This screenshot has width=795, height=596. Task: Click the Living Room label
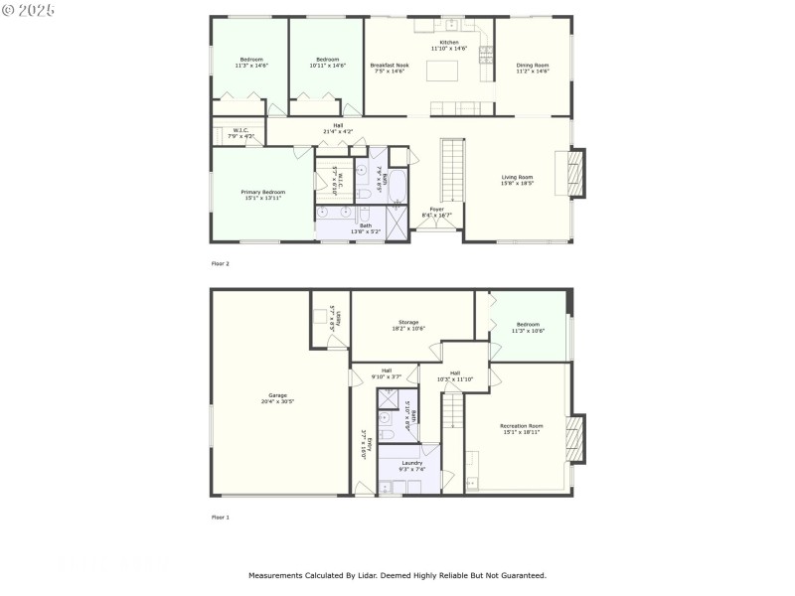517,180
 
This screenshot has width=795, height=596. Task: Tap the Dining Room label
533,69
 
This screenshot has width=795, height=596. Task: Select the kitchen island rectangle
443,71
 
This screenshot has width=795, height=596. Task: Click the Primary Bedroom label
263,195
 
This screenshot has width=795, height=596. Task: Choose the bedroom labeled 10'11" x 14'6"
327,62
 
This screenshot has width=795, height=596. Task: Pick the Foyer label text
436,212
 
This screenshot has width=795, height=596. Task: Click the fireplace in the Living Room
573,174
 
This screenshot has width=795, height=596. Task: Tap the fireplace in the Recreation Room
573,435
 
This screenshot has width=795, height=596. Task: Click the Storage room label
408,325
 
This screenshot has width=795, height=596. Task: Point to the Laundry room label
412,466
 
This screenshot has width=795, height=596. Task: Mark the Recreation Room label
521,428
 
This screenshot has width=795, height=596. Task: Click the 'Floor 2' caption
221,263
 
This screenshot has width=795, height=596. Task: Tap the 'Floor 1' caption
221,518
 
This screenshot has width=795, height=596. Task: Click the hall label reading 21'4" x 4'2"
338,128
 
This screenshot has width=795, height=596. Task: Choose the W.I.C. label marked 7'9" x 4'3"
239,132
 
